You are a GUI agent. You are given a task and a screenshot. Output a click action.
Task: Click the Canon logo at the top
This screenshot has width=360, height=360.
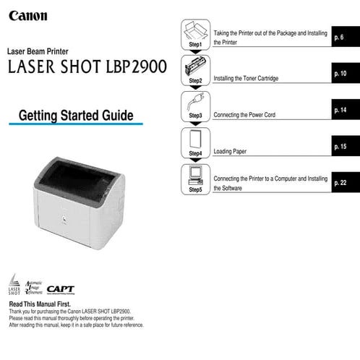29,14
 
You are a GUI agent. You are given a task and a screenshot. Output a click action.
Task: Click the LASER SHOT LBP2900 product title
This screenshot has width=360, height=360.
87,67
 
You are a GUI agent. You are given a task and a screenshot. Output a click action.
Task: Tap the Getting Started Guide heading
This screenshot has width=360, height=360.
76,115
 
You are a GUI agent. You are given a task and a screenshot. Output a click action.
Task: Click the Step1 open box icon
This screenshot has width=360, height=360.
194,31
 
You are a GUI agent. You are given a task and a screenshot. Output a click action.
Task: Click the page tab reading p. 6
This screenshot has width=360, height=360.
346,36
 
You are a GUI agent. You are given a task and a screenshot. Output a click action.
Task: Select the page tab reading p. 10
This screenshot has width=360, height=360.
346,73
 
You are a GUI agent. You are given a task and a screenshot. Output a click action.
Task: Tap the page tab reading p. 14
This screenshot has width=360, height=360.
346,110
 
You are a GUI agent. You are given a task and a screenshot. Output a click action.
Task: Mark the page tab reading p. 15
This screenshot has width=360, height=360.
346,147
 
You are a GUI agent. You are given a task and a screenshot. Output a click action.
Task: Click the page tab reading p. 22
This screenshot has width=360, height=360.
346,183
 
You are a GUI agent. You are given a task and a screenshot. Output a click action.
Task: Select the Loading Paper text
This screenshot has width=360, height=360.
229,153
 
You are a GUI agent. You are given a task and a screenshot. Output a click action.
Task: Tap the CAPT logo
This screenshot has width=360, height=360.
61,289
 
